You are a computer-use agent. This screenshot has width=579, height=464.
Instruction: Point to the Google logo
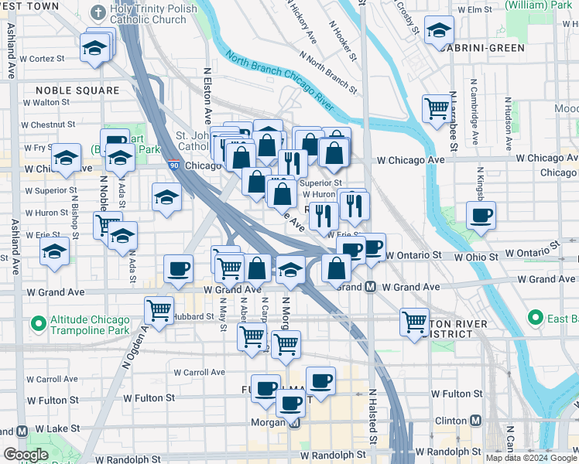pyautogui.click(x=26, y=455)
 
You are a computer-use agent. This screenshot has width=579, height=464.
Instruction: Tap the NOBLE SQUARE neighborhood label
pyautogui.click(x=77, y=90)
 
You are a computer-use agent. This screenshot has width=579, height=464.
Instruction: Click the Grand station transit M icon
pyautogui.click(x=371, y=287)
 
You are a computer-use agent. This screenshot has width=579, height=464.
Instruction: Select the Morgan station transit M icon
pyautogui.click(x=293, y=423)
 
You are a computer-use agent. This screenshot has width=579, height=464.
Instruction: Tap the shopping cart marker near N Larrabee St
pyautogui.click(x=437, y=107)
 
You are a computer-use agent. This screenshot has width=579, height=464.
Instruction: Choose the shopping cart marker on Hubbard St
pyautogui.click(x=159, y=310)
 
